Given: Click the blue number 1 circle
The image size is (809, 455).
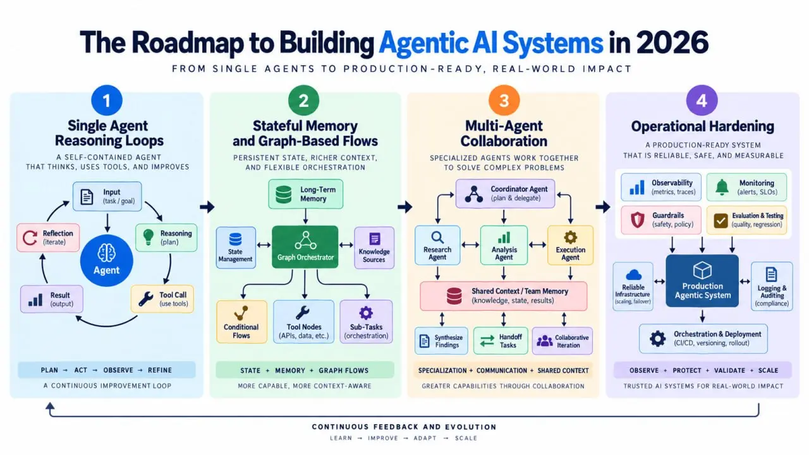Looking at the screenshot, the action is (107, 100).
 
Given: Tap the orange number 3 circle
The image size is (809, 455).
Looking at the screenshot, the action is (504, 100).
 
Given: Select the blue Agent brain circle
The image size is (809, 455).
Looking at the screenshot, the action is (107, 260).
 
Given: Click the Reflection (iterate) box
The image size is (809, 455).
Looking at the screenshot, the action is (48, 238).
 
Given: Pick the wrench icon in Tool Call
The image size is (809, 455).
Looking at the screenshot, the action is (146, 299).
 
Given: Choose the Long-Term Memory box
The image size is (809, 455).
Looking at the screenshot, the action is (305, 194).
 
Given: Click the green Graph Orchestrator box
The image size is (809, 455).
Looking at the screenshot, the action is (305, 247).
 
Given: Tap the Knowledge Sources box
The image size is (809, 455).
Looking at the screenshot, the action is (374, 248).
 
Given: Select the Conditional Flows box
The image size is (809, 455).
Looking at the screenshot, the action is (241, 322).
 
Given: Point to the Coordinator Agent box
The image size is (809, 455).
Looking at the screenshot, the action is (505, 193).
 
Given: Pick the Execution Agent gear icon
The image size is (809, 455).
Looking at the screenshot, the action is (570, 237).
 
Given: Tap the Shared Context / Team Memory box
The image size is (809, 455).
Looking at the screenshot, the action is (504, 296).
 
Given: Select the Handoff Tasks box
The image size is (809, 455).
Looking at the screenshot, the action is (501, 341).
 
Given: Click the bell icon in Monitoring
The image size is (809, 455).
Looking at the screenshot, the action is (722, 187).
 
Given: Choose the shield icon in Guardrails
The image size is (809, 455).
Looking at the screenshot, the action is (638, 220).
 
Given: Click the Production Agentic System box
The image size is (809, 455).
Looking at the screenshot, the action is (702, 281).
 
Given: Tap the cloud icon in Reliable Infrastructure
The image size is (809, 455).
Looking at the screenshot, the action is (633, 275).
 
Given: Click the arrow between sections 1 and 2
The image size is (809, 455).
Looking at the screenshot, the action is (207, 207).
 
